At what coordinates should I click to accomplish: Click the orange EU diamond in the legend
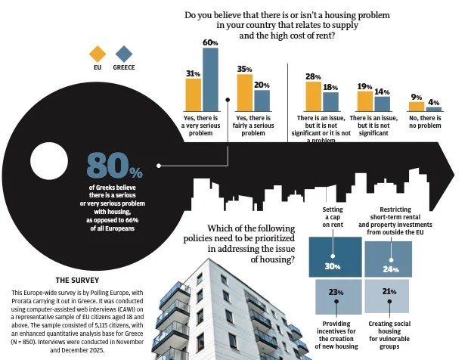click(97, 54)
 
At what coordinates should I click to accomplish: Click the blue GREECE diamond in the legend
click(124, 54)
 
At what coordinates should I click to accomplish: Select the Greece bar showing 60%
click(210, 79)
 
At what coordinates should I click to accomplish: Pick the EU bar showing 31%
click(193, 94)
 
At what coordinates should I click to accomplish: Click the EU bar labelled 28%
click(313, 96)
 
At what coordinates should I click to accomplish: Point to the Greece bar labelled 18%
click(330, 101)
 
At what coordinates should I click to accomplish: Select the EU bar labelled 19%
click(365, 101)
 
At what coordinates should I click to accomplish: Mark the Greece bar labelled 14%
click(383, 104)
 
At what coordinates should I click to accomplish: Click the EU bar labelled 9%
click(417, 107)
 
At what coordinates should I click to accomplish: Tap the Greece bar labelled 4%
click(434, 109)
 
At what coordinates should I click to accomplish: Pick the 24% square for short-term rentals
click(388, 259)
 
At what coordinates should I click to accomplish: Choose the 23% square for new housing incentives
click(335, 296)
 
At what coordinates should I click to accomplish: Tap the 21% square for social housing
click(388, 296)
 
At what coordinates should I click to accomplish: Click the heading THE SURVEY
click(77, 279)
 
